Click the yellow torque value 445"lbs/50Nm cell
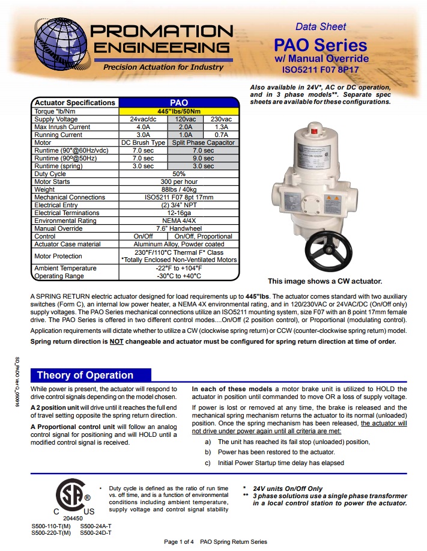tap(179, 111)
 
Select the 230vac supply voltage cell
tap(221, 119)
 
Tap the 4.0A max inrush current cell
tap(143, 127)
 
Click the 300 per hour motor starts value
tap(179, 181)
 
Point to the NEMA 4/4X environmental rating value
tap(179, 221)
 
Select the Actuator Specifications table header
tap(74, 103)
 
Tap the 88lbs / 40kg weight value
tap(179, 189)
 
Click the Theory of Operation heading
tap(85, 376)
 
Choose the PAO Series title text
tap(320, 46)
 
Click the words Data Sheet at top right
tap(321, 26)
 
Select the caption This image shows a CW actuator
tap(324, 281)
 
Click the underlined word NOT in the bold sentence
tap(116, 341)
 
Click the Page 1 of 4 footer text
tap(216, 541)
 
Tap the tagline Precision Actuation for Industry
tap(155, 67)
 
